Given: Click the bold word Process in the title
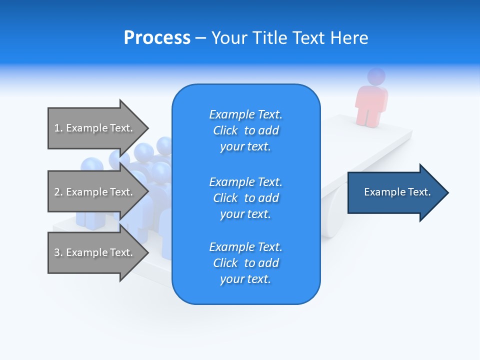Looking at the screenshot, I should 157,38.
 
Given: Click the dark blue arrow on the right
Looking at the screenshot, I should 395,192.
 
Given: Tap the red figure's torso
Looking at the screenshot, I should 371,102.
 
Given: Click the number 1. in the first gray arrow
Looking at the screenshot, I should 58,128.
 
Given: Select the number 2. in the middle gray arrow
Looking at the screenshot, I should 58,192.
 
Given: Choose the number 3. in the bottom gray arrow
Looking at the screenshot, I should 58,252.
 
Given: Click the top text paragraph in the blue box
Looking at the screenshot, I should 245,130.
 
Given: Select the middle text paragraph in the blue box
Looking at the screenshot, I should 245,198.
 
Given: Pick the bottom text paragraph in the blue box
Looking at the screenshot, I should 245,263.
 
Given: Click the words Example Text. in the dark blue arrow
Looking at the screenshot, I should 397,192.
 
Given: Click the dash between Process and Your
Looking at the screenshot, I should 200,38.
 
